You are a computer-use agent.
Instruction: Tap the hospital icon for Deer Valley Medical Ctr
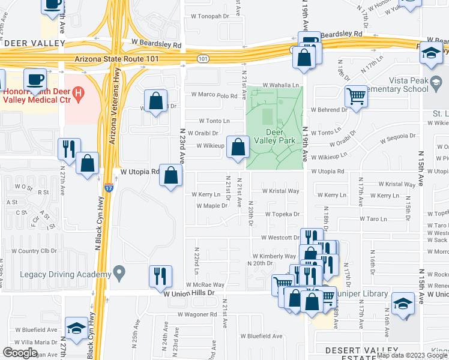point(77,94)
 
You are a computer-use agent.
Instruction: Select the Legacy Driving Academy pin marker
point(119,274)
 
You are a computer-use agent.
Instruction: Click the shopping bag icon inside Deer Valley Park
point(238,147)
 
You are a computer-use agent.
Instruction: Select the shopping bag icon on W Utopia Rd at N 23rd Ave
point(171,175)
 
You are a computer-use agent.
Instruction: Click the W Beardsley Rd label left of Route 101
point(156,45)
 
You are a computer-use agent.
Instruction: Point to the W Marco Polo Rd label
point(215,95)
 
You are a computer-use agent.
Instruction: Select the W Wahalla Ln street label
point(280,85)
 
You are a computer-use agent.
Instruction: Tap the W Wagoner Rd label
point(197,314)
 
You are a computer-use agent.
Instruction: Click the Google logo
point(20,353)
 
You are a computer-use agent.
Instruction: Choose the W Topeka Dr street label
point(279,214)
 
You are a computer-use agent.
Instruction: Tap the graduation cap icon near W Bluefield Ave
point(76,328)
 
